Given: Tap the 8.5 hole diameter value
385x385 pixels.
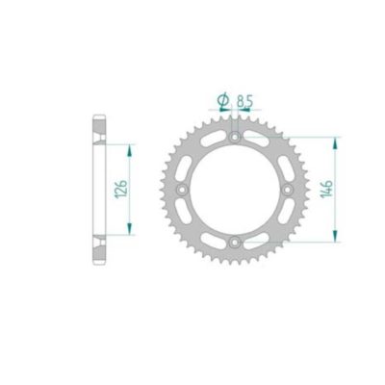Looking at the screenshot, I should pos(245,99).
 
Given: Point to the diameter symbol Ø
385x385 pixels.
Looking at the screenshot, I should pos(223,99).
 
